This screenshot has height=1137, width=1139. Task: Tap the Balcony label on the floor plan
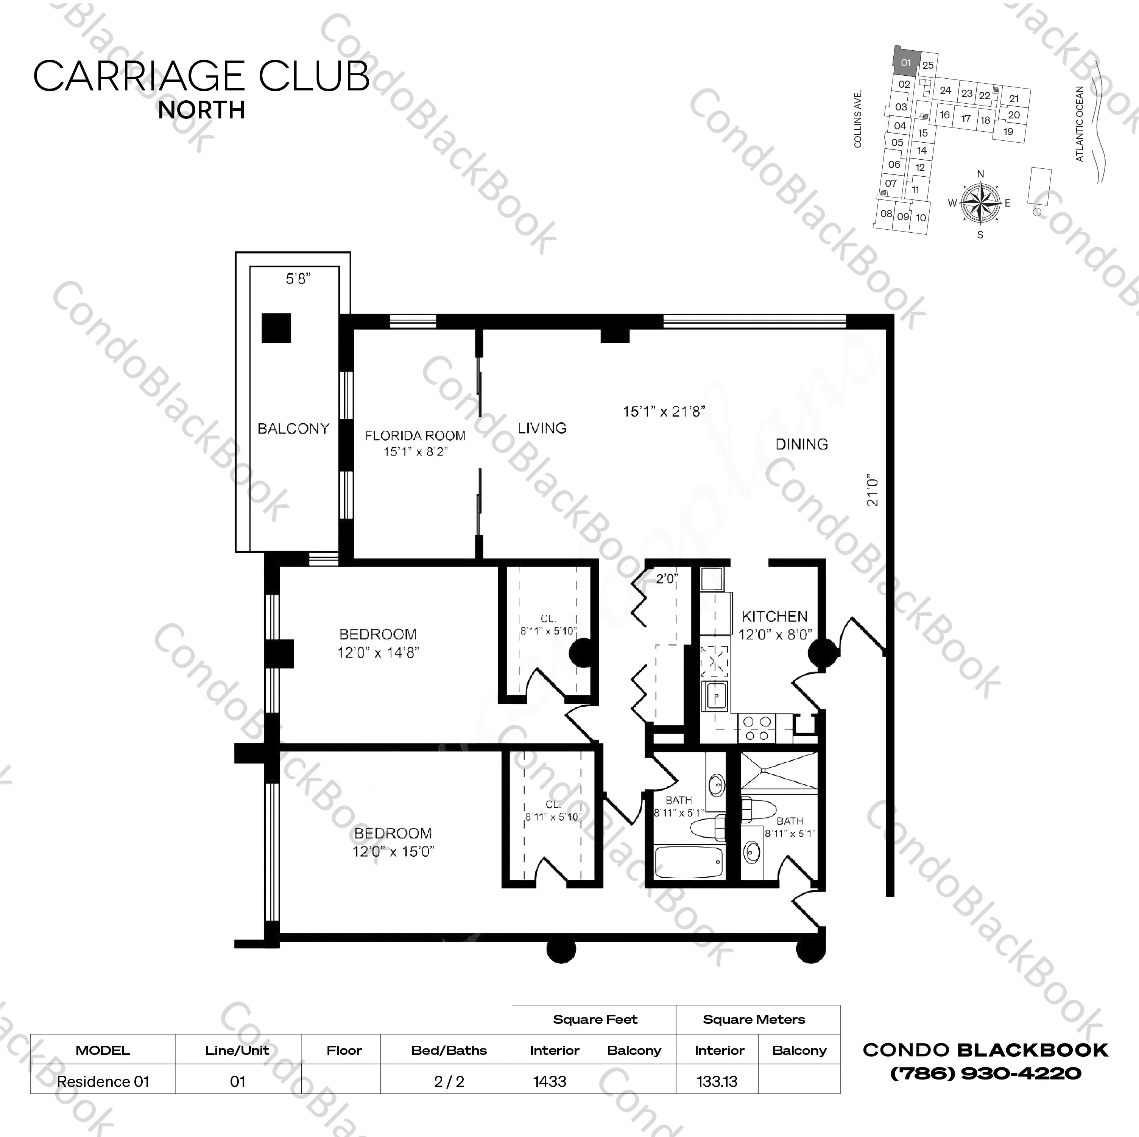coord(293,429)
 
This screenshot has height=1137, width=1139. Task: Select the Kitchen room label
coord(774,616)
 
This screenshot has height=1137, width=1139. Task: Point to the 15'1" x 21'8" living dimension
coord(664,411)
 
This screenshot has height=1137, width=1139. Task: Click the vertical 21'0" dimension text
coord(873,492)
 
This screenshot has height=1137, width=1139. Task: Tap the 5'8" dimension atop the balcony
coord(298,279)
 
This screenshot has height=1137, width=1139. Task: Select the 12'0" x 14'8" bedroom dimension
coord(378,652)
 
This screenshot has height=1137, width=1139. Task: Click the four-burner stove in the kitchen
coord(757,728)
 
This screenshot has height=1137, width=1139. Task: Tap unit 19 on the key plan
coord(1008,131)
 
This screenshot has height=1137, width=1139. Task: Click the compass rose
coord(980,203)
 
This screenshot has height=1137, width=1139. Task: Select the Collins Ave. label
coord(858,118)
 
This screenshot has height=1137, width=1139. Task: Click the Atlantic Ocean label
coord(1080,124)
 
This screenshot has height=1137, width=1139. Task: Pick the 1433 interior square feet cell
coord(550,1082)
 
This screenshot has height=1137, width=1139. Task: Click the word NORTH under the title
coord(202,110)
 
